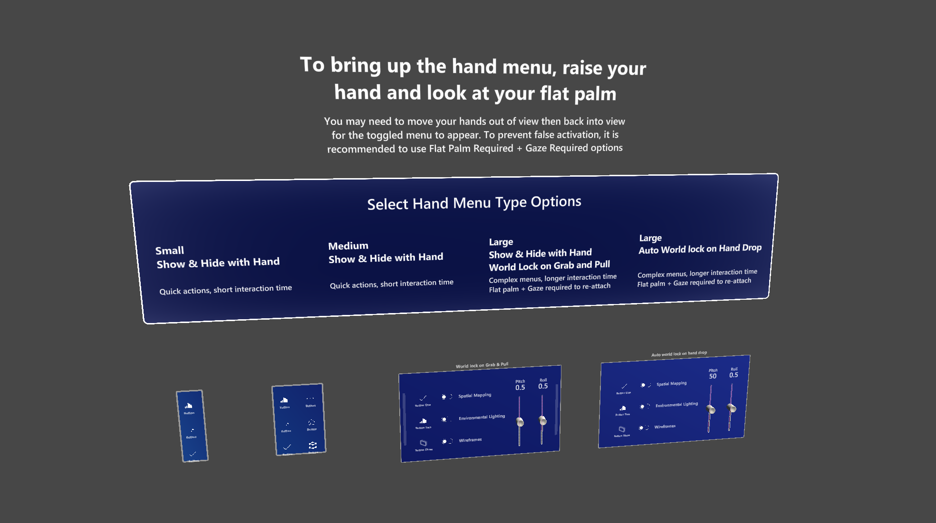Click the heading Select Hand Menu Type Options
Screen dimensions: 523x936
tap(474, 203)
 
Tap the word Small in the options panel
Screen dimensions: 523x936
tap(169, 250)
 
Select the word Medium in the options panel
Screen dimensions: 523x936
tap(348, 246)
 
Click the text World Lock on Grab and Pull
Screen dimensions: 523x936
tap(549, 266)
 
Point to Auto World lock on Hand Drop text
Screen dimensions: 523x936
tap(700, 248)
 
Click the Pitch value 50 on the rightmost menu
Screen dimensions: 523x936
tap(713, 376)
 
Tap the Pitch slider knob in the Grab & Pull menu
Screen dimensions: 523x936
tap(520, 422)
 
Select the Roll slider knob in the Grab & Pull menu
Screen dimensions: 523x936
tap(542, 420)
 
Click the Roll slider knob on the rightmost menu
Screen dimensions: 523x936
tap(732, 408)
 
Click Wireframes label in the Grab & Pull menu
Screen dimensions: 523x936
tap(470, 440)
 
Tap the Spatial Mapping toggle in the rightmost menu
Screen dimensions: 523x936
tap(645, 385)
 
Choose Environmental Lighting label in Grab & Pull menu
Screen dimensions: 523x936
tap(482, 417)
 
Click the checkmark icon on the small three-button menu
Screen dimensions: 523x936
tap(193, 454)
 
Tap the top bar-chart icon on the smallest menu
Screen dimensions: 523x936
tap(189, 406)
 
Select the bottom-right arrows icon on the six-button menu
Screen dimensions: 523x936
tap(313, 445)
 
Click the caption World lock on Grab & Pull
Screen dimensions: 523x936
tap(482, 365)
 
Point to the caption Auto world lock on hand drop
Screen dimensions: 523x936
tap(679, 353)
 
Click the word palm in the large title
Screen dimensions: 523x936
tap(595, 94)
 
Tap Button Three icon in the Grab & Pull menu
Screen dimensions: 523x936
tap(423, 443)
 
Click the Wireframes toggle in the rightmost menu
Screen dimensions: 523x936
tap(644, 428)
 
